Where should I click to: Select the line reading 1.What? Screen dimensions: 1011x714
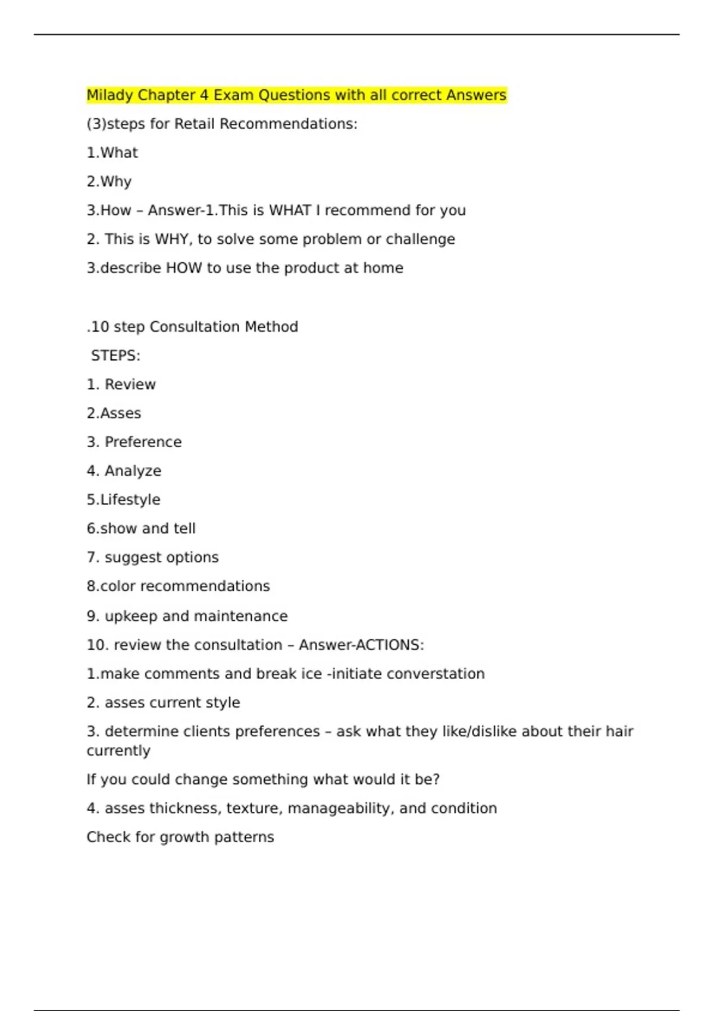point(112,153)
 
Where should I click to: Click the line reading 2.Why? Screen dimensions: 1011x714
point(109,181)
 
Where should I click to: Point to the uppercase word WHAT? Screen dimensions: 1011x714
point(290,211)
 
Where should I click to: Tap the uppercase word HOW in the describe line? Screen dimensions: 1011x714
point(183,268)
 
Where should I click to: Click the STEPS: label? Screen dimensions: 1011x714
point(115,356)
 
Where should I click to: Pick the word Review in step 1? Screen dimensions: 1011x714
point(130,384)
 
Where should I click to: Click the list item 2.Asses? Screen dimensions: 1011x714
point(114,413)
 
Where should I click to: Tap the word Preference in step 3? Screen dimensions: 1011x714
point(143,442)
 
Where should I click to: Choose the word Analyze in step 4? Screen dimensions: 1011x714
point(133,471)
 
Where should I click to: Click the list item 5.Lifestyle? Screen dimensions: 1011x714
point(123,500)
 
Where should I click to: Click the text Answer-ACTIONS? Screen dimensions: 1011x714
point(361,645)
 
